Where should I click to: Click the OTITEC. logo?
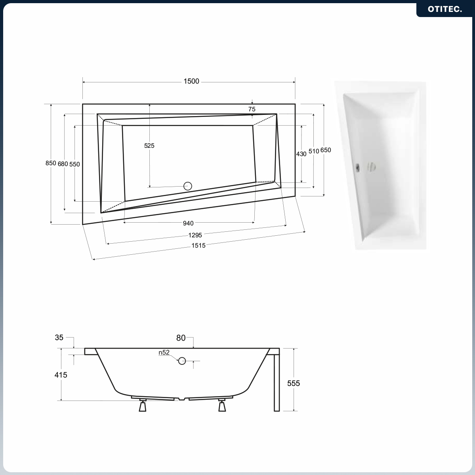(x=445, y=9)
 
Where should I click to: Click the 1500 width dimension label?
(x=191, y=81)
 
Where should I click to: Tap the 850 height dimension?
(x=51, y=163)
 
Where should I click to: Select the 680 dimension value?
(x=63, y=164)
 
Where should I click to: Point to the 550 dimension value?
(x=74, y=164)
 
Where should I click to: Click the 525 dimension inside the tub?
(x=149, y=146)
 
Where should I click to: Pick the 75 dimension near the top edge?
(x=252, y=109)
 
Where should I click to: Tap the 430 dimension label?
(x=301, y=154)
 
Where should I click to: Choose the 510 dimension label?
(x=314, y=151)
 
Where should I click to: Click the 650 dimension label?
(x=326, y=150)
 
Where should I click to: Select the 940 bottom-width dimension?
(x=188, y=223)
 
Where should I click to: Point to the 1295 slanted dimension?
(x=195, y=235)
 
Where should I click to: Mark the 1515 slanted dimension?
(x=198, y=245)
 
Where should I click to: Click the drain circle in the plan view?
(x=188, y=186)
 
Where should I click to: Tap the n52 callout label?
(x=164, y=352)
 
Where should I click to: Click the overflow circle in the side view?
(x=182, y=361)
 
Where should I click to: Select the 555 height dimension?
(x=294, y=383)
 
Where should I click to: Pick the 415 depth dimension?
(x=61, y=375)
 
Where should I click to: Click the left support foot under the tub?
(x=142, y=405)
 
